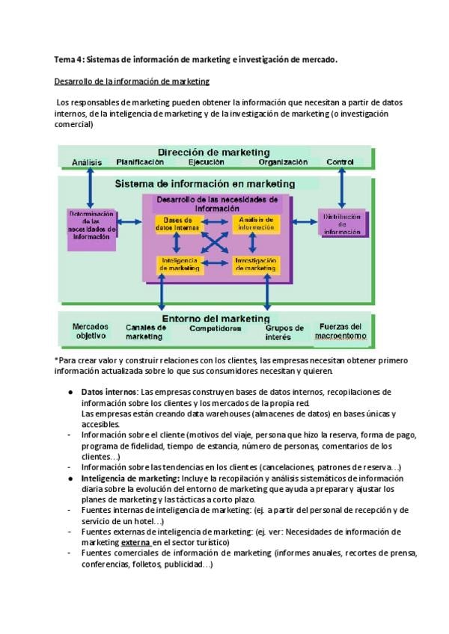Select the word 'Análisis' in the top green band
pos(87,162)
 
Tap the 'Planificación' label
pos(140,161)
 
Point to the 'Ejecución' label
pos(206,161)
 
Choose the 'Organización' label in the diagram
pos(283,161)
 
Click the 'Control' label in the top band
pos(340,161)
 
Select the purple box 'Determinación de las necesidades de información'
pos(91,225)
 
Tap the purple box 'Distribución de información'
pos(342,224)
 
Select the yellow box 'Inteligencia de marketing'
pos(177,264)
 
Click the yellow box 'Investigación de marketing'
pos(256,264)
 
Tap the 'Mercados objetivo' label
pos(91,331)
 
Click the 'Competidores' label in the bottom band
pos(216,328)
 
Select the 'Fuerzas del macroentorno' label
pos(340,331)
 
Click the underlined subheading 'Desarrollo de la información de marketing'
pos(132,81)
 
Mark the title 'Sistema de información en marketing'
pos(204,183)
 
